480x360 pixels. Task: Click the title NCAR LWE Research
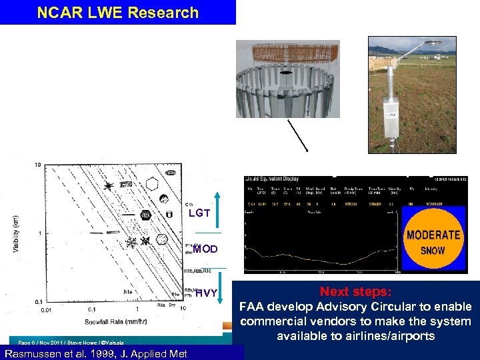click(x=117, y=13)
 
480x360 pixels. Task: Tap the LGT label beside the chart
click(x=199, y=213)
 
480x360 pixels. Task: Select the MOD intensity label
click(x=205, y=249)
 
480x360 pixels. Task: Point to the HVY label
click(x=206, y=293)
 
